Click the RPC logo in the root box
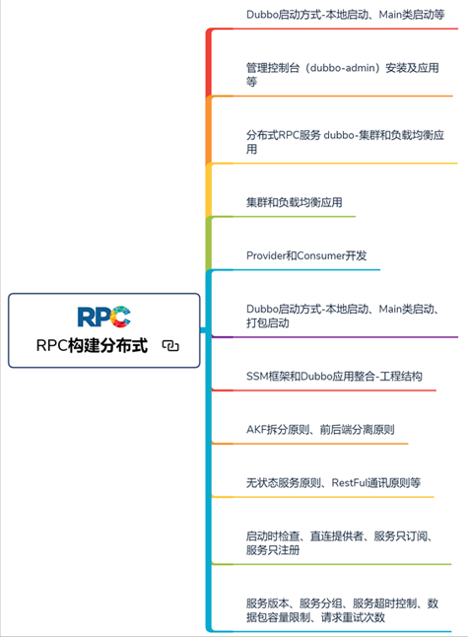[x=103, y=317]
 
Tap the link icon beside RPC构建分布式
[x=170, y=346]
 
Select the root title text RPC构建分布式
[x=92, y=345]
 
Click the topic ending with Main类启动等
[x=346, y=15]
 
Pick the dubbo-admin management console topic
[x=343, y=74]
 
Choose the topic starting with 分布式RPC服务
[x=345, y=141]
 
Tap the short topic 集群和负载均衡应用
[x=295, y=202]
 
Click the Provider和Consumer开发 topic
[x=306, y=255]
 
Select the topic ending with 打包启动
[x=343, y=316]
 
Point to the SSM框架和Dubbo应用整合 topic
[x=334, y=377]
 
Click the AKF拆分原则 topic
[x=320, y=429]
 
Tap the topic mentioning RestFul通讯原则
[x=333, y=482]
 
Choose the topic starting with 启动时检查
[x=340, y=542]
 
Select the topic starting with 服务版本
[x=342, y=610]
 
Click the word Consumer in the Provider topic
[x=320, y=255]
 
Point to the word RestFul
[x=349, y=482]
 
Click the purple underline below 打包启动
[x=335, y=337]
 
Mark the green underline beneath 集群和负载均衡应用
[x=284, y=217]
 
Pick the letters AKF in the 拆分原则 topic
[x=256, y=429]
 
